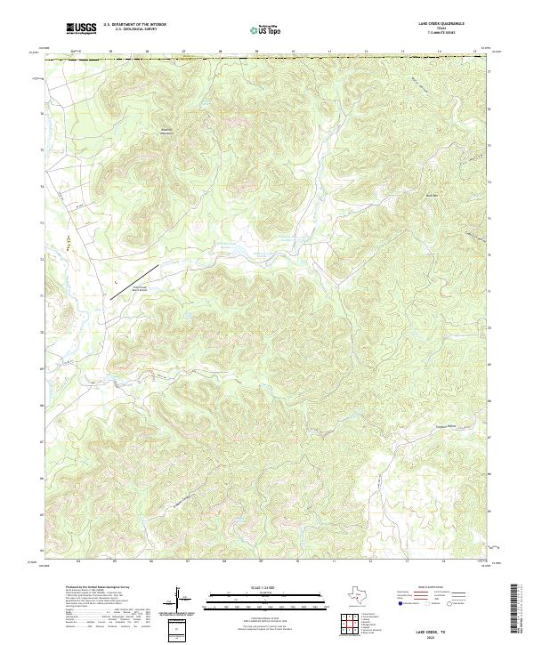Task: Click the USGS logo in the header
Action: (82, 28)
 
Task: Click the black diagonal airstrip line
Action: (134, 282)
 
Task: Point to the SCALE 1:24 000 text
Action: (254, 586)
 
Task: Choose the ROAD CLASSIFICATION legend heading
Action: (442, 589)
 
